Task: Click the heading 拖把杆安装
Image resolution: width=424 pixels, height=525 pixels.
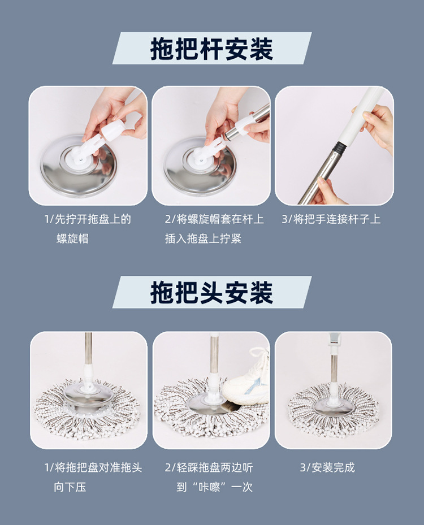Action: tap(211, 49)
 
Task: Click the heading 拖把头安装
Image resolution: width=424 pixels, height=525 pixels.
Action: tap(211, 292)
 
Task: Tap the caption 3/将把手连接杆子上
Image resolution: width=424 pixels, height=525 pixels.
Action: tap(331, 219)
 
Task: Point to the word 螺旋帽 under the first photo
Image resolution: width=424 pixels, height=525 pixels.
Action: tap(72, 238)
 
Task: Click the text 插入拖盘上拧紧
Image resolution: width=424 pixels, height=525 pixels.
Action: tap(203, 238)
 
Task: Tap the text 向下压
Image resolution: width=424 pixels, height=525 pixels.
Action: tap(70, 487)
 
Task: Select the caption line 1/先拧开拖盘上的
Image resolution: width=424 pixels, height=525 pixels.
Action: tap(88, 219)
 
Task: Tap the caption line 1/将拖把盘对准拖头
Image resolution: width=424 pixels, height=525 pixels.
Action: tap(93, 467)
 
